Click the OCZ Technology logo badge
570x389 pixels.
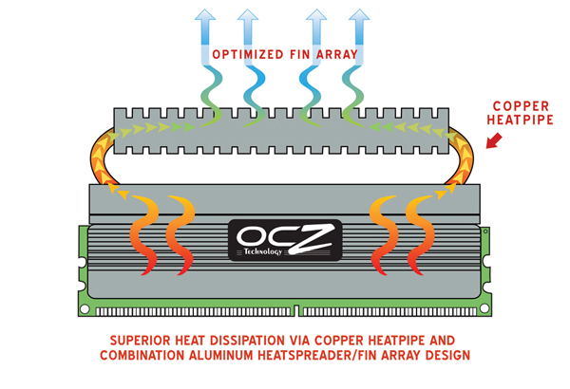[x=285, y=241]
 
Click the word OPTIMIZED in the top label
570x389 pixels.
[x=238, y=54]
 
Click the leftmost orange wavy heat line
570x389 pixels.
[x=142, y=232]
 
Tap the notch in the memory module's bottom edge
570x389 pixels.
[x=295, y=309]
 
